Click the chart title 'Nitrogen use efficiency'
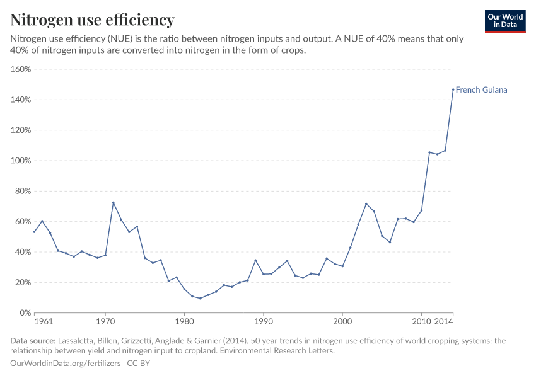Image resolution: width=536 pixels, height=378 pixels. point(93,20)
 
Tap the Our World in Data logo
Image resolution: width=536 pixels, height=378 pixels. point(504,21)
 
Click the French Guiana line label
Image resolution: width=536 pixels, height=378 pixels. point(481,90)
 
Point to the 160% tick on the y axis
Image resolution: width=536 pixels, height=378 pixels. point(21,69)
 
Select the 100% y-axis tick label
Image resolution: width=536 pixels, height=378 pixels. point(21,161)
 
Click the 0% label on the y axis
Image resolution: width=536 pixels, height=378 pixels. point(25,312)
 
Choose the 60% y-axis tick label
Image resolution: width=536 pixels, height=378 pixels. point(23,221)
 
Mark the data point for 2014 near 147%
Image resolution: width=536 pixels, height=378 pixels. point(453,89)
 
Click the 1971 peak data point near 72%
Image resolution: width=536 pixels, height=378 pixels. point(113,202)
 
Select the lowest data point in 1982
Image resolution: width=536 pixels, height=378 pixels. point(200,298)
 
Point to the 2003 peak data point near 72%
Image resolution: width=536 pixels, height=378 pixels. point(366,203)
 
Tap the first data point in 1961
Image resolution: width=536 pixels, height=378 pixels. point(34,231)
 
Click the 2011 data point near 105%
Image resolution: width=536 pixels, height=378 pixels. point(429,152)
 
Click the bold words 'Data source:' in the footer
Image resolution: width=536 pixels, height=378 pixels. point(32,341)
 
